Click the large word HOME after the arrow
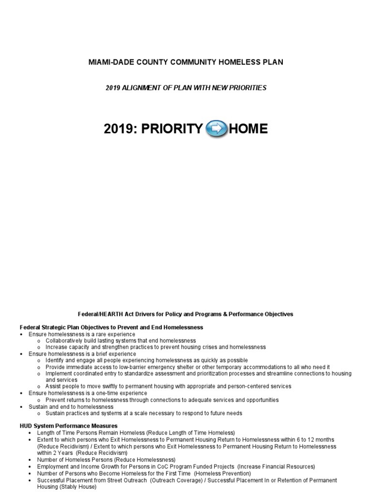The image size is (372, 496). pyautogui.click(x=248, y=129)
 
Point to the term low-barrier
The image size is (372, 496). pyautogui.click(x=140, y=367)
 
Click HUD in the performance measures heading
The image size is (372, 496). pyautogui.click(x=26, y=426)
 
